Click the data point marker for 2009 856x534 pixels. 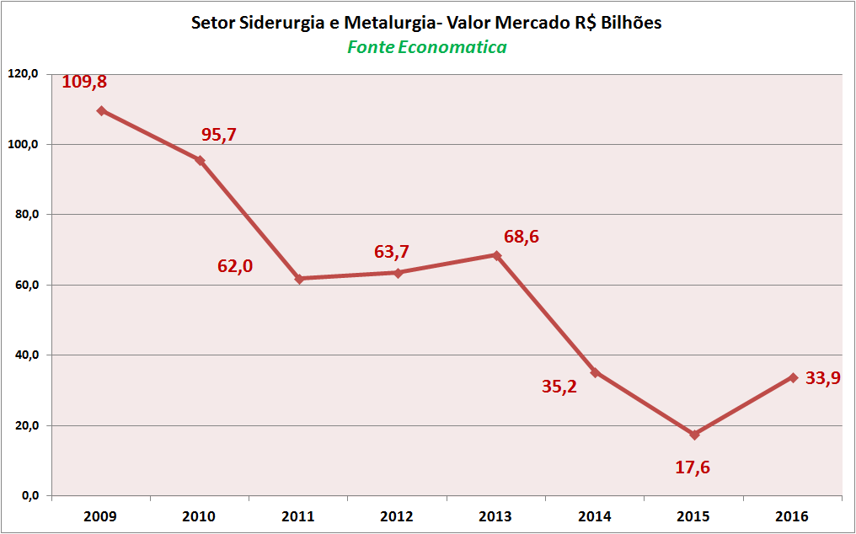101,110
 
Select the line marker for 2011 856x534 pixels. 299,278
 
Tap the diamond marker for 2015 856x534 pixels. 694,435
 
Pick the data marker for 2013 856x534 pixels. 496,255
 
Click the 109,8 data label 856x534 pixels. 84,83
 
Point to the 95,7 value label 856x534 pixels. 219,135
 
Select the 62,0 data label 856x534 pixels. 235,266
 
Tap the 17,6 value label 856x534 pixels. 693,467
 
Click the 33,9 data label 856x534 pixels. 823,378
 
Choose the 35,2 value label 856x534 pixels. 559,387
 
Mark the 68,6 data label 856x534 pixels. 522,237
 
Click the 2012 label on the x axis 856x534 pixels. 398,516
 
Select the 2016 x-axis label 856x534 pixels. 793,516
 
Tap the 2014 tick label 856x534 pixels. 595,516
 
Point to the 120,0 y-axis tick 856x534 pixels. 24,74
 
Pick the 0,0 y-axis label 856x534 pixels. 29,495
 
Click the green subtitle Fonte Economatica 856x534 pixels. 427,47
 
